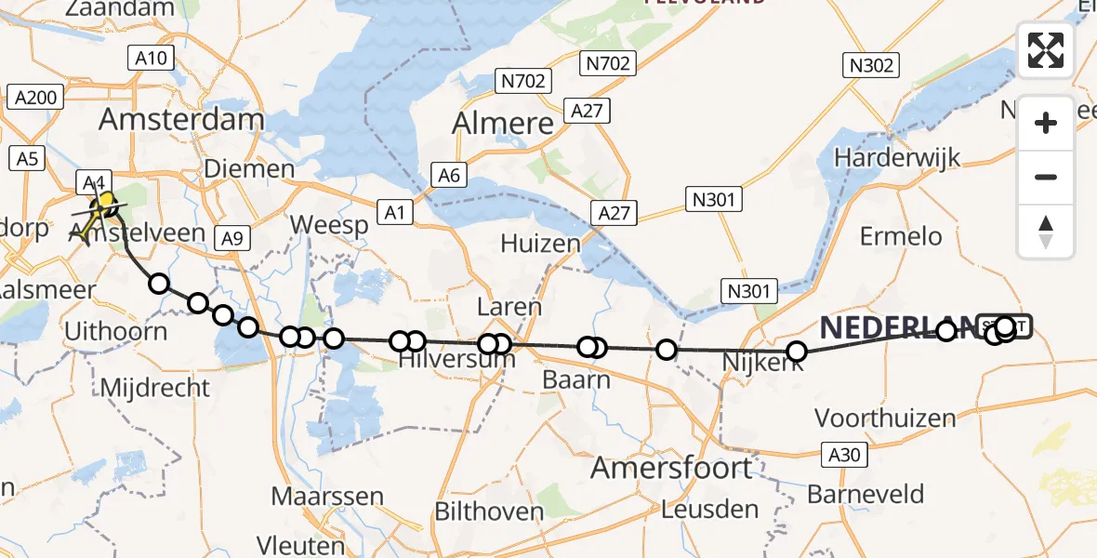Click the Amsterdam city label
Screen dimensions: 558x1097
coord(181,119)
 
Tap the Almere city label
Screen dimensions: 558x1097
coord(502,124)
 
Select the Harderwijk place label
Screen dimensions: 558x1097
coord(896,158)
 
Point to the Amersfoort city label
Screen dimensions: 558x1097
coord(672,467)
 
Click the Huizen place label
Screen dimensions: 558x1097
coord(540,244)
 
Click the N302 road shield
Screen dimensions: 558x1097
coord(871,65)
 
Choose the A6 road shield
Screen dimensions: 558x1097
coord(449,175)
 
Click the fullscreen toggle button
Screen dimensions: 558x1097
coord(1046,50)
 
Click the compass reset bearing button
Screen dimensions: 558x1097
coord(1046,232)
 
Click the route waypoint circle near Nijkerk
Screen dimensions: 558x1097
coord(797,351)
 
